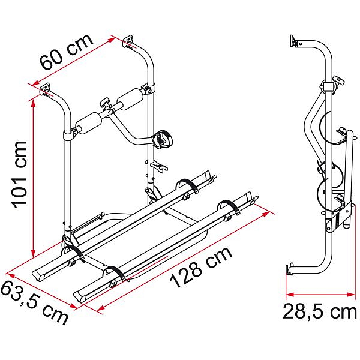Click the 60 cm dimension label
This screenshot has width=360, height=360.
click(x=66, y=53)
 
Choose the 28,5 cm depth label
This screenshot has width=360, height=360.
click(x=320, y=312)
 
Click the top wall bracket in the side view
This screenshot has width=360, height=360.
click(x=294, y=41)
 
